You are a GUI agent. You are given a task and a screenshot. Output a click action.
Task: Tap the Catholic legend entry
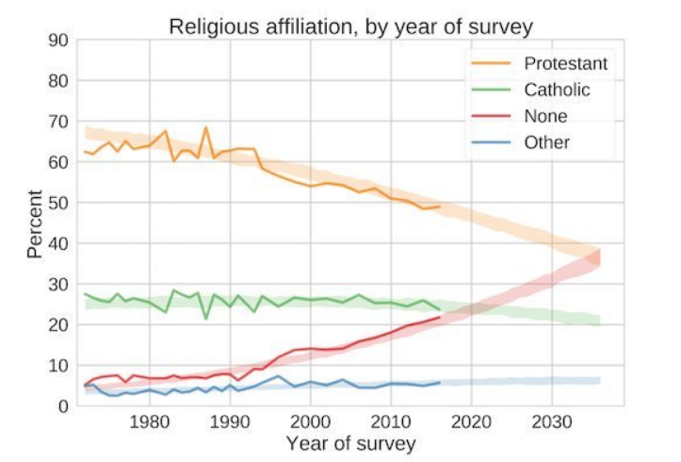(557, 91)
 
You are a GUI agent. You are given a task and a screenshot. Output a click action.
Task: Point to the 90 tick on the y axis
(57, 41)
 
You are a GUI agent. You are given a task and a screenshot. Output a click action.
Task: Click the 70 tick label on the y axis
(57, 122)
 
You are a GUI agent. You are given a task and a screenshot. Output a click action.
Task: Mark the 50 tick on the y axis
(57, 203)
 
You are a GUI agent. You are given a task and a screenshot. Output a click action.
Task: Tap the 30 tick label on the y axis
(57, 285)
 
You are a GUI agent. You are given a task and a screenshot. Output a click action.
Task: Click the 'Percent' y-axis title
(34, 223)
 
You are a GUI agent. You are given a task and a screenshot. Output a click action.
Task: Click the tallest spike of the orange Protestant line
(205, 127)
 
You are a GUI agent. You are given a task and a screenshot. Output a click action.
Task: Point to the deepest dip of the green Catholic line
(206, 319)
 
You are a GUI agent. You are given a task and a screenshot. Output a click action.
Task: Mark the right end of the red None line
(440, 318)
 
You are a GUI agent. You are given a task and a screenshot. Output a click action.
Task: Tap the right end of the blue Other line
(440, 383)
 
